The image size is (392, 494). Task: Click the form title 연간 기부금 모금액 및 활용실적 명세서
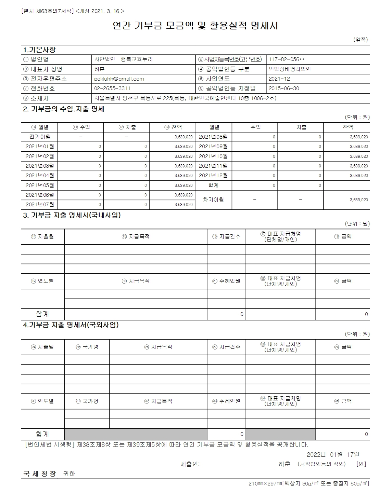click(x=195, y=26)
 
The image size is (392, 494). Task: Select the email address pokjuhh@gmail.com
click(x=119, y=79)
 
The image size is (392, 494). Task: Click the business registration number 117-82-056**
click(x=287, y=59)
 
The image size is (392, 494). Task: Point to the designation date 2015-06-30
click(x=284, y=88)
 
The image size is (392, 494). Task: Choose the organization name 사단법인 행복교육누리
click(x=124, y=59)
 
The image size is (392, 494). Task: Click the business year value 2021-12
click(x=279, y=79)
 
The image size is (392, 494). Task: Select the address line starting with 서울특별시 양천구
click(x=185, y=98)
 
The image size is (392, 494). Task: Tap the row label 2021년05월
click(x=40, y=186)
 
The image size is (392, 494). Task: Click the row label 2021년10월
click(x=213, y=156)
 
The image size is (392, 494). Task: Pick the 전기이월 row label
click(x=40, y=137)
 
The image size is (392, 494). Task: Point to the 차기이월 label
click(x=213, y=200)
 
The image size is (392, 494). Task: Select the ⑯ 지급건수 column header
click(x=226, y=237)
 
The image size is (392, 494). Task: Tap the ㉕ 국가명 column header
click(x=87, y=347)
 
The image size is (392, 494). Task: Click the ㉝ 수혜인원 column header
click(x=226, y=401)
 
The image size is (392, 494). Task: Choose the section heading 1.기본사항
click(x=39, y=50)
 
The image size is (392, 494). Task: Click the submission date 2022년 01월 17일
click(x=333, y=455)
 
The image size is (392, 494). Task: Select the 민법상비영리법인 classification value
click(x=290, y=69)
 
